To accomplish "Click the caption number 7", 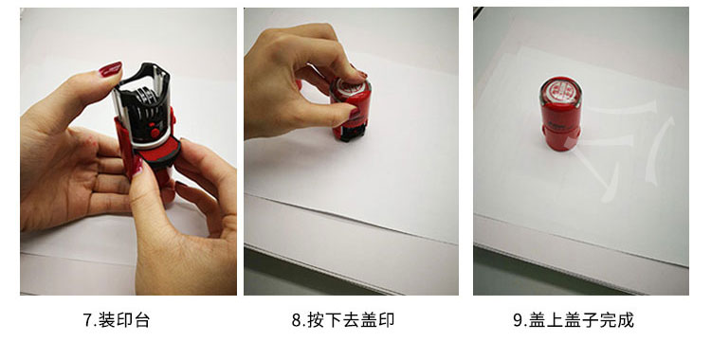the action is pyautogui.click(x=87, y=320).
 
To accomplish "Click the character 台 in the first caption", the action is pyautogui.click(x=141, y=320).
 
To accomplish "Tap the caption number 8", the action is pyautogui.click(x=297, y=320).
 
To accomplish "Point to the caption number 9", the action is pyautogui.click(x=519, y=320).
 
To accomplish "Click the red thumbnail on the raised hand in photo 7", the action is pyautogui.click(x=110, y=69).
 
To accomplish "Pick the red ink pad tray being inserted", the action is pyautogui.click(x=157, y=152).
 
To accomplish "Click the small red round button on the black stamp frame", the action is pyautogui.click(x=155, y=133).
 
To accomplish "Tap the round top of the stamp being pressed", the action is pyautogui.click(x=351, y=86).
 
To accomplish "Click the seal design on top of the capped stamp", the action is pyautogui.click(x=560, y=90).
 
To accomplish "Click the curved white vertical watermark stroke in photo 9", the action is pyautogui.click(x=660, y=151).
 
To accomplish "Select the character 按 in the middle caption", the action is pyautogui.click(x=316, y=320).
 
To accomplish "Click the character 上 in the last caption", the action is pyautogui.click(x=555, y=320).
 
